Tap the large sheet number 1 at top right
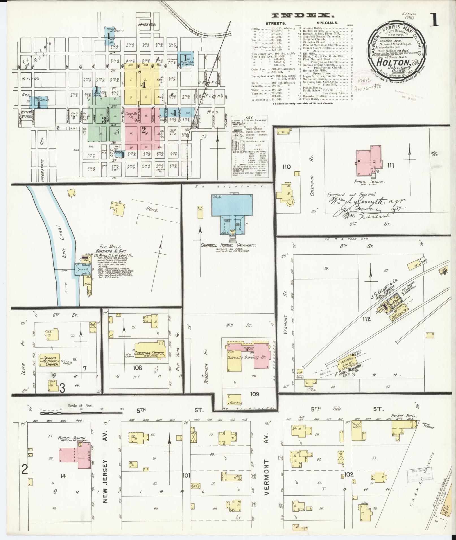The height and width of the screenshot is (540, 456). [434, 21]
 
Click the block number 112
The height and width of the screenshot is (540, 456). [367, 320]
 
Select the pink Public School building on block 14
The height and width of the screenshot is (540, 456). [75, 458]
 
